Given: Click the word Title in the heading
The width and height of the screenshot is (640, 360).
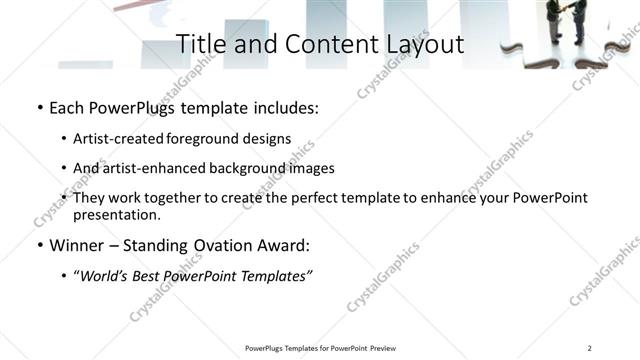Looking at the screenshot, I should point(200,45).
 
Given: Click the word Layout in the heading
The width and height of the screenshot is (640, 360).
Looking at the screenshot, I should point(419,45).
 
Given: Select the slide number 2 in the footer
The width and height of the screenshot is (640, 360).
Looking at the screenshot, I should point(590,348).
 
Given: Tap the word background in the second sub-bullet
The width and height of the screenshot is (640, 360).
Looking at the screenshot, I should point(247,168).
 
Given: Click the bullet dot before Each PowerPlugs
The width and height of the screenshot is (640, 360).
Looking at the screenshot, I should point(39,107).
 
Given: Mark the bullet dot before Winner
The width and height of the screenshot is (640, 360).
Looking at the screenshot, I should point(39,245).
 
